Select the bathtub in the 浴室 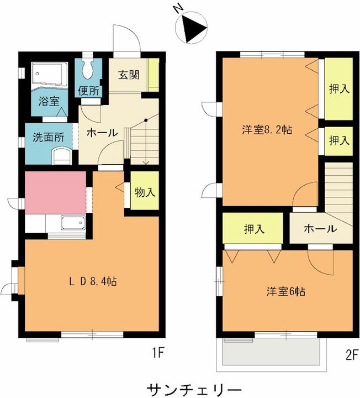point(50,74)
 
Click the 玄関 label point(129,75)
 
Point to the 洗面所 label point(49,137)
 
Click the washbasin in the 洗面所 point(61,155)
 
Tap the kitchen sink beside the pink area point(73,223)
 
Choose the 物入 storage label point(145,192)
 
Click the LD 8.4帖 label point(93,281)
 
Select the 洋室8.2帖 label point(267,130)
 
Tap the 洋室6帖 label point(285,292)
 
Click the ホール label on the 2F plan point(320,229)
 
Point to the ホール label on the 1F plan point(102,133)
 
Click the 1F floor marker point(158,353)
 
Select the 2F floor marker point(352,355)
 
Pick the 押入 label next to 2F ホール point(255,229)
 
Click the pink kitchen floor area point(55,193)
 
